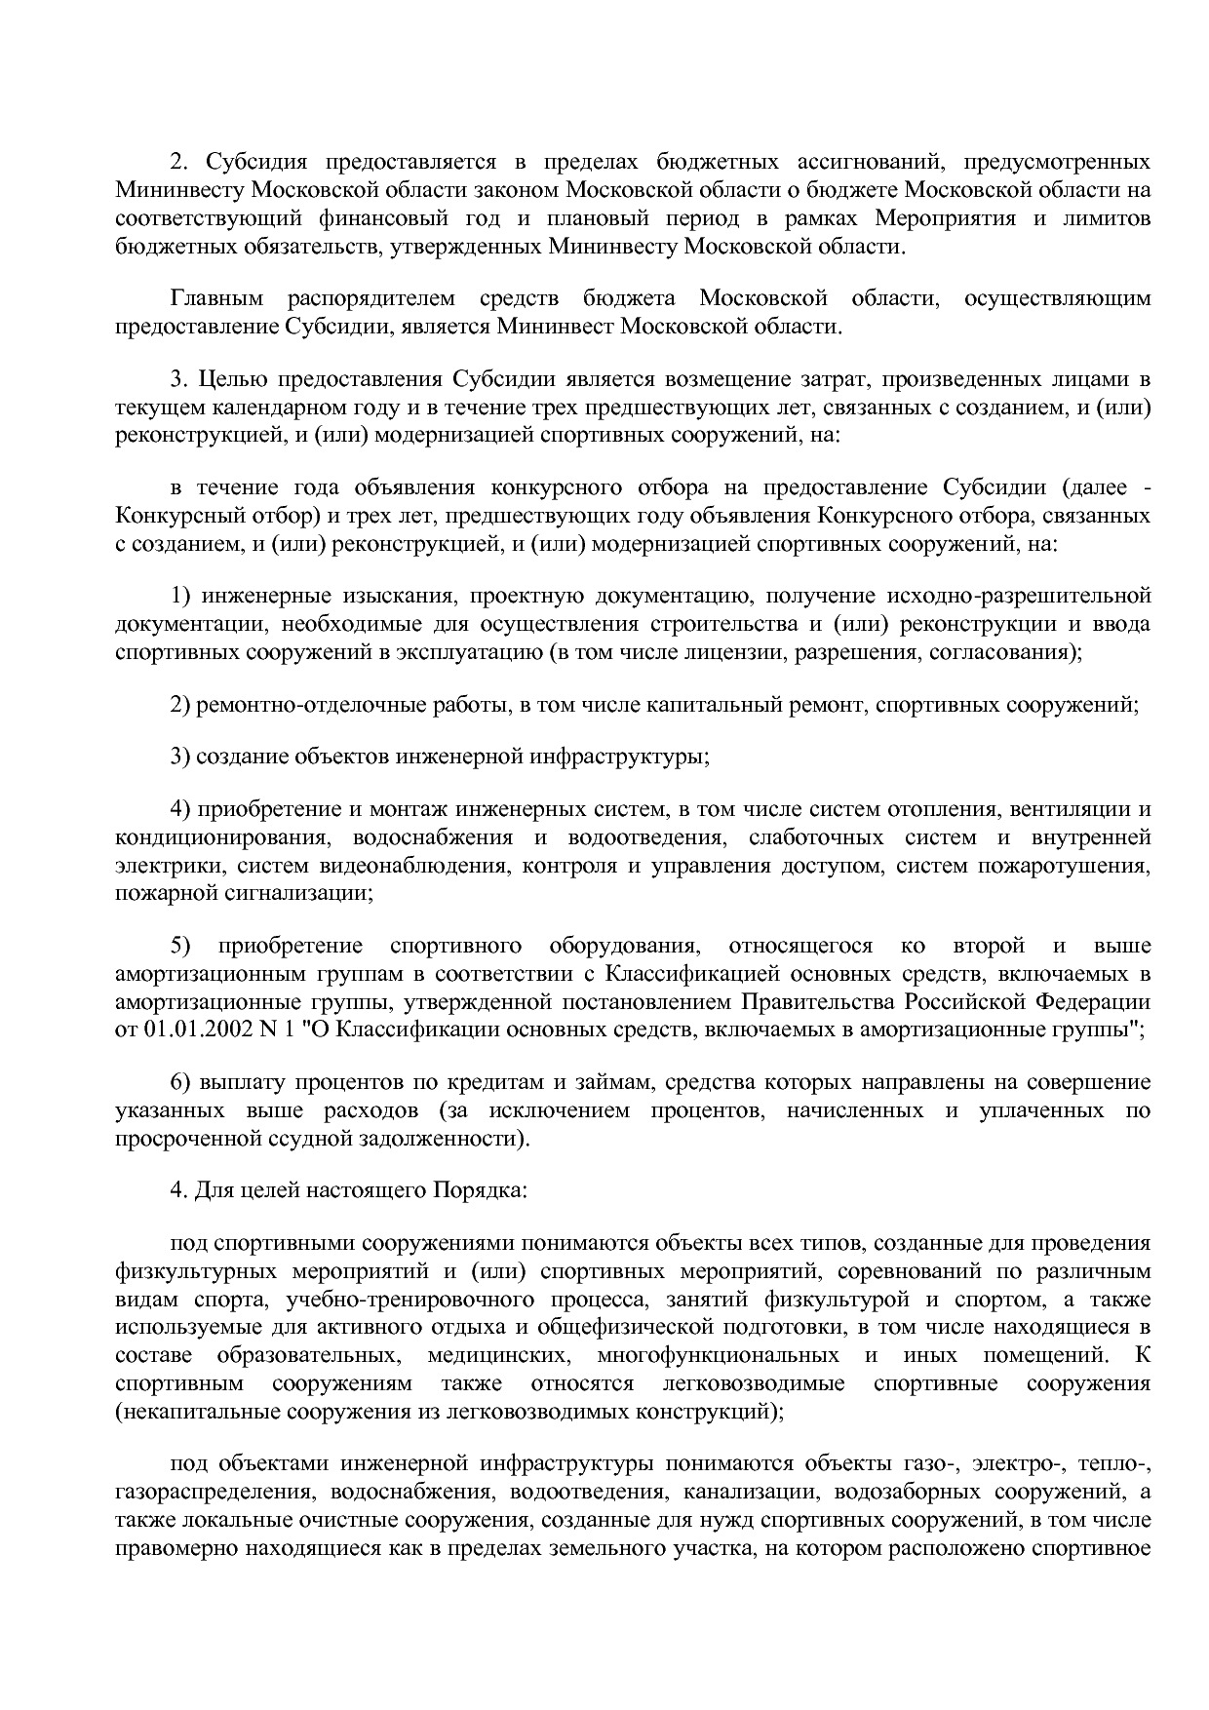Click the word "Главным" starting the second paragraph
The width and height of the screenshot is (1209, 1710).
pos(215,297)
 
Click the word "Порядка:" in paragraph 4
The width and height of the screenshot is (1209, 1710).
pos(487,1190)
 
